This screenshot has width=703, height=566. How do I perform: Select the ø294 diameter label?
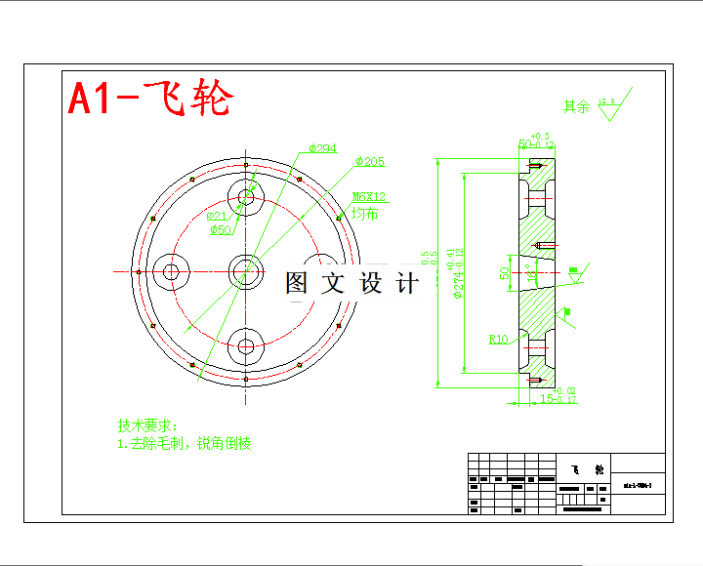pyautogui.click(x=322, y=148)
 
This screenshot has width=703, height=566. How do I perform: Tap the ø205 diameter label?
pyautogui.click(x=370, y=161)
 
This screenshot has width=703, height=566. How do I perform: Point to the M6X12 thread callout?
pyautogui.click(x=368, y=197)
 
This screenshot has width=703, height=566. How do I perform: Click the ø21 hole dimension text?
pyautogui.click(x=217, y=216)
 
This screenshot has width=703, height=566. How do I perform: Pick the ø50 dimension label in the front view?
pyautogui.click(x=222, y=230)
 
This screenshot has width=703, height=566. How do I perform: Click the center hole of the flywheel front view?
pyautogui.click(x=245, y=271)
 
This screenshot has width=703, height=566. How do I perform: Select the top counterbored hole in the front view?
pyautogui.click(x=245, y=198)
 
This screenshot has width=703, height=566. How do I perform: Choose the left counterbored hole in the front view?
pyautogui.click(x=173, y=271)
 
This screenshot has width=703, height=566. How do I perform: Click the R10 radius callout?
pyautogui.click(x=498, y=340)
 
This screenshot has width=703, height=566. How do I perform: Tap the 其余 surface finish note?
pyautogui.click(x=576, y=107)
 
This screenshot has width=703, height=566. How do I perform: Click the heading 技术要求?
pyautogui.click(x=146, y=426)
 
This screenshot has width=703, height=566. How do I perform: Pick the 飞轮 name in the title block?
pyautogui.click(x=584, y=468)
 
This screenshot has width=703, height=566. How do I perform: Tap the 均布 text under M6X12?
pyautogui.click(x=364, y=213)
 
